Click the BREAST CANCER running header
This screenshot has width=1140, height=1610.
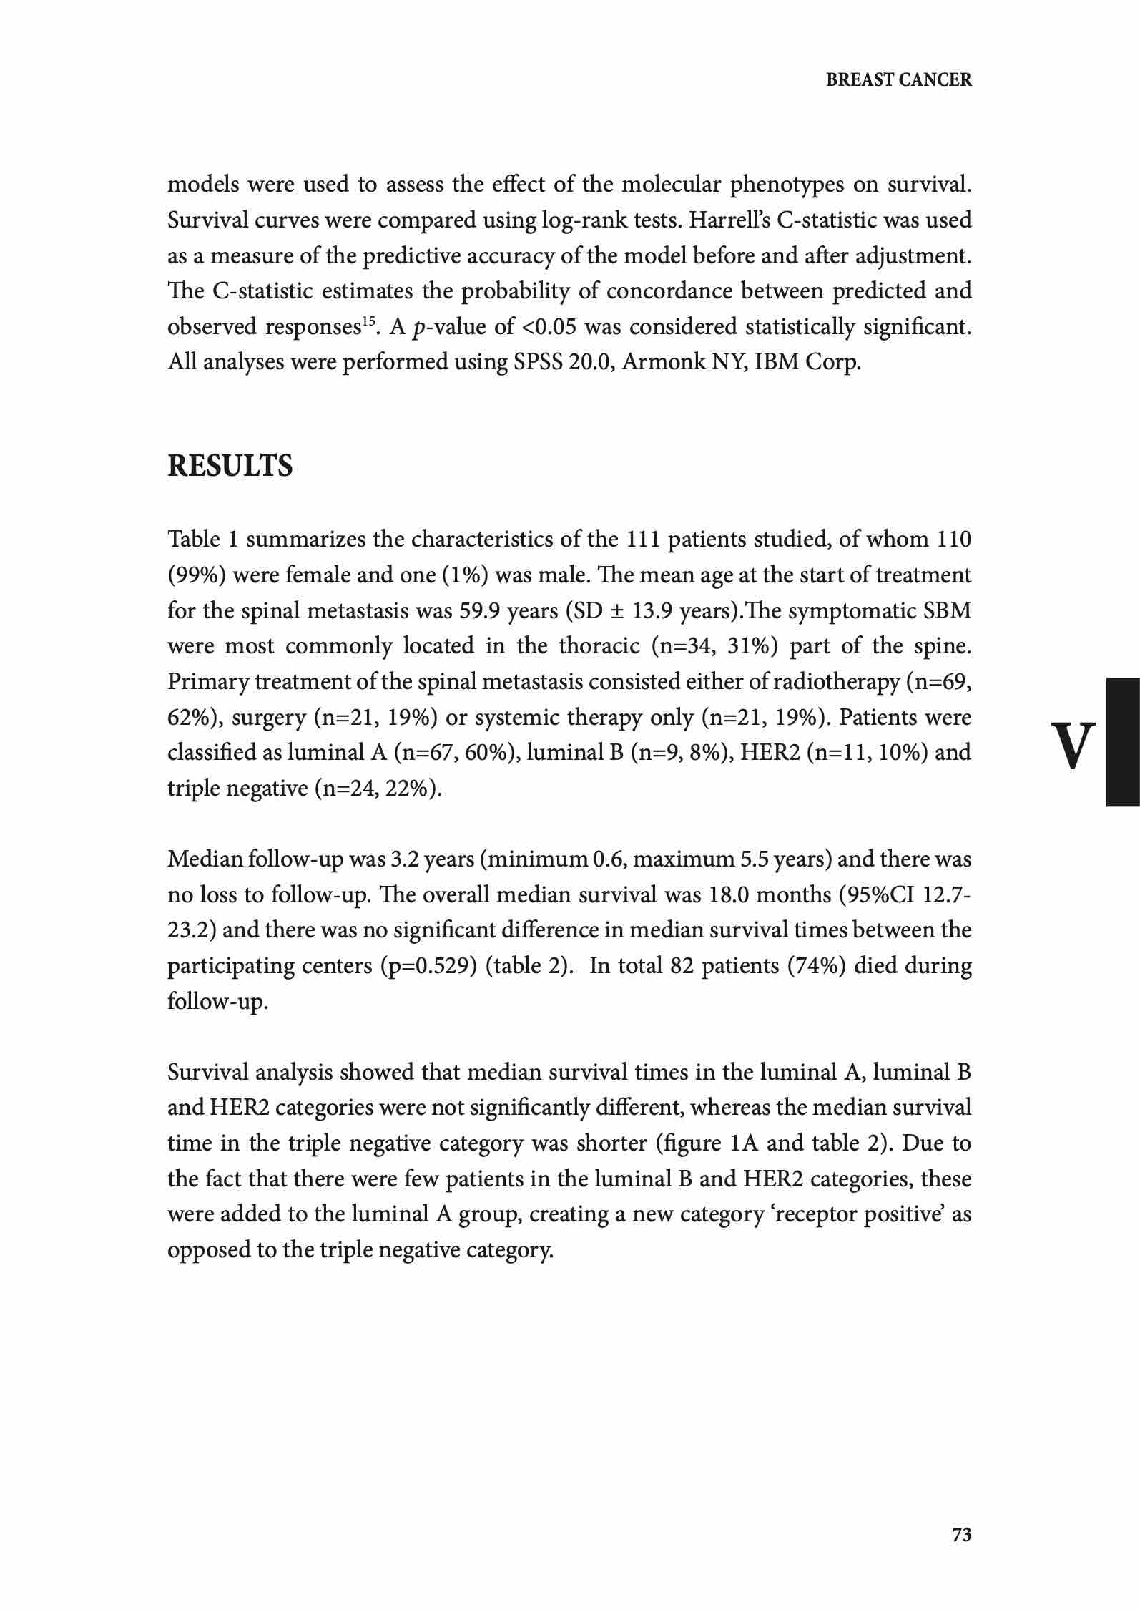898,80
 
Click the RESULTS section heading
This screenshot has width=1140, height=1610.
230,466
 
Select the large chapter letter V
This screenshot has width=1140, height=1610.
1073,745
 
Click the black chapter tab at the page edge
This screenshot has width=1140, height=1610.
1122,742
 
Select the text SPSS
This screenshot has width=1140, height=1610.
537,362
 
